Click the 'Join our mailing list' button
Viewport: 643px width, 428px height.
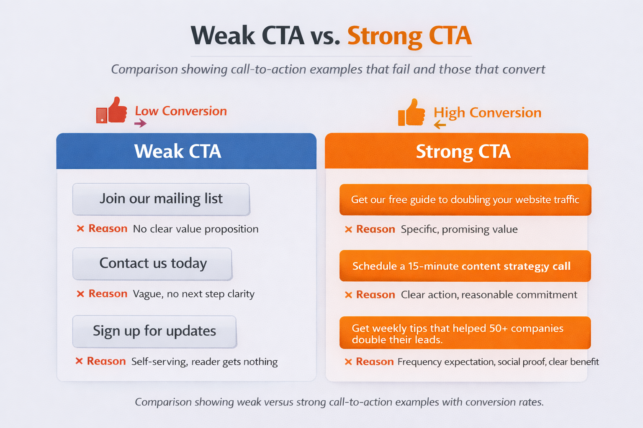click(x=161, y=199)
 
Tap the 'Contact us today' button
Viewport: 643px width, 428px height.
click(x=152, y=264)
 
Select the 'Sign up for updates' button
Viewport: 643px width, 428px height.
click(x=154, y=331)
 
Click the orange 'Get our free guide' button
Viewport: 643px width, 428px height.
click(x=465, y=200)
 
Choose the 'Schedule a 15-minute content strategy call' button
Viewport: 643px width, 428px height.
click(x=465, y=266)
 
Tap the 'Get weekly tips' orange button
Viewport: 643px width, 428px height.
click(x=465, y=334)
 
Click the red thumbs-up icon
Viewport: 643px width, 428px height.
click(x=112, y=111)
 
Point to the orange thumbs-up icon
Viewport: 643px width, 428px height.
click(x=411, y=113)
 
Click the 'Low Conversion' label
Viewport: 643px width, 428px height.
click(x=181, y=111)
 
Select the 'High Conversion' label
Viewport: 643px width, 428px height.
click(x=487, y=113)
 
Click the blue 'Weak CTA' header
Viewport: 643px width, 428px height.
click(x=186, y=151)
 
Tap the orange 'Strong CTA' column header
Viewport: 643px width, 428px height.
click(x=456, y=151)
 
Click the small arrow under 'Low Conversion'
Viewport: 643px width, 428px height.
click(x=140, y=123)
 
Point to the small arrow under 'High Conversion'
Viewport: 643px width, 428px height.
click(x=440, y=125)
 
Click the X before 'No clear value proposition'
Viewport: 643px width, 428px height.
click(x=80, y=229)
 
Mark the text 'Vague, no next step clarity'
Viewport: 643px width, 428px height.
click(x=193, y=294)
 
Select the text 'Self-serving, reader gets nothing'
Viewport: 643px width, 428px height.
click(x=204, y=362)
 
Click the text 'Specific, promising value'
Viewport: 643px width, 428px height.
click(x=459, y=229)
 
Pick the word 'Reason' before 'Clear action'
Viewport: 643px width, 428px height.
click(x=376, y=295)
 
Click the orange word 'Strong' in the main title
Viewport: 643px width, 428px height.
click(x=384, y=36)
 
